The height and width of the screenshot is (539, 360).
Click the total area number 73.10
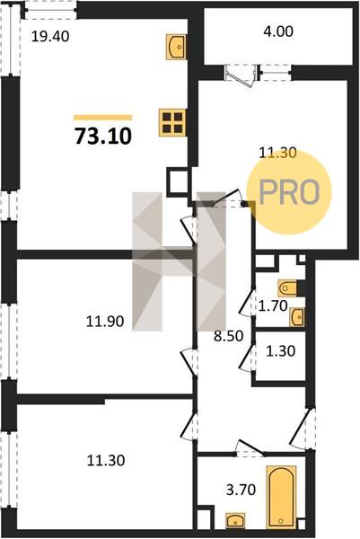click(x=103, y=136)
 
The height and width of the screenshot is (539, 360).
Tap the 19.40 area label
click(x=50, y=37)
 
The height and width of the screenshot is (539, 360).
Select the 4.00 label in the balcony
click(x=278, y=31)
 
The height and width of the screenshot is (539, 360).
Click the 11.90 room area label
click(x=105, y=322)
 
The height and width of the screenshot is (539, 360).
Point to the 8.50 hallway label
click(x=228, y=336)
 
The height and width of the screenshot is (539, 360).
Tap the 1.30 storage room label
click(x=281, y=351)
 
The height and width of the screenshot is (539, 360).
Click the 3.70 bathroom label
click(x=241, y=490)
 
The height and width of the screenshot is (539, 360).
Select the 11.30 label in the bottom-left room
click(x=106, y=461)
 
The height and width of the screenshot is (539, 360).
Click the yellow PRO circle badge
click(x=289, y=192)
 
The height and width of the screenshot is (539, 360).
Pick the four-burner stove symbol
click(x=172, y=122)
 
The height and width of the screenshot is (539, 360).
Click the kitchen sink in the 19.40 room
click(x=177, y=47)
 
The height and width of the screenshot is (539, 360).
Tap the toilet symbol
click(x=287, y=288)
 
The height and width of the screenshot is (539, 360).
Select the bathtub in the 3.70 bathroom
click(x=281, y=498)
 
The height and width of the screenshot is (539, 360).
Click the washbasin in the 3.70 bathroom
click(x=235, y=520)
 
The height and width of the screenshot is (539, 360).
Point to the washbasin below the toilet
click(x=297, y=317)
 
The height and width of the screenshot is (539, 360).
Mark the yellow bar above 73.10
click(x=102, y=118)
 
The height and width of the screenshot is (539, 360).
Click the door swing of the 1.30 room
click(x=247, y=359)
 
